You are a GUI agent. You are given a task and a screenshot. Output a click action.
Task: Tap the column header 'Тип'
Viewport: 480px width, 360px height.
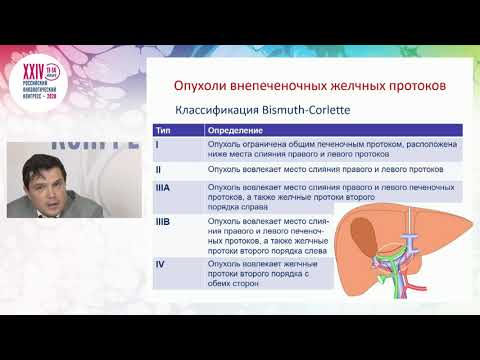pyautogui.click(x=163, y=130)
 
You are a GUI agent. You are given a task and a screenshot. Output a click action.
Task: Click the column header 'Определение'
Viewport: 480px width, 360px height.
pyautogui.click(x=232, y=130)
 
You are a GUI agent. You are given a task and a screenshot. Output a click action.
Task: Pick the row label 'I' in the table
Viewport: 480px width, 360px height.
pyautogui.click(x=158, y=145)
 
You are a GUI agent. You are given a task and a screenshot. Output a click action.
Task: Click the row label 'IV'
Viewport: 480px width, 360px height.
pyautogui.click(x=161, y=263)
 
